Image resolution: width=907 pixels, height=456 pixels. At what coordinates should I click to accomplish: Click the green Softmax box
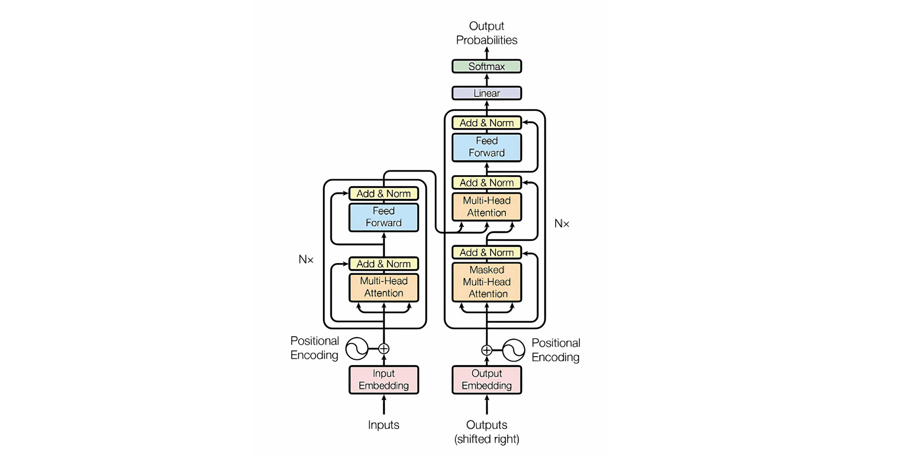[x=487, y=66]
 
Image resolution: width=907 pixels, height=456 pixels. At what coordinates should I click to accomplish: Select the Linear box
[x=487, y=93]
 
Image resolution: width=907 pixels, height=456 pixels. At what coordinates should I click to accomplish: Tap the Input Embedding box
[x=384, y=380]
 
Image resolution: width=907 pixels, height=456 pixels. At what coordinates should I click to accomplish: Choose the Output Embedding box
[x=487, y=380]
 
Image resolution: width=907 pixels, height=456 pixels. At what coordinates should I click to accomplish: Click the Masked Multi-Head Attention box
[x=487, y=282]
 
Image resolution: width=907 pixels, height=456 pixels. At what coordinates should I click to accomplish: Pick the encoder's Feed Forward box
[x=384, y=217]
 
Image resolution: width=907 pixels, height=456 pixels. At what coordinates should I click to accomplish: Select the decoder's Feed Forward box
[x=487, y=147]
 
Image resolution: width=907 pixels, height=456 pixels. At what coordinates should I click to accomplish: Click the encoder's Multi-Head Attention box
[x=384, y=287]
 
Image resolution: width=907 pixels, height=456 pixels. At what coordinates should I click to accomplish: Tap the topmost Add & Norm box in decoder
[x=487, y=123]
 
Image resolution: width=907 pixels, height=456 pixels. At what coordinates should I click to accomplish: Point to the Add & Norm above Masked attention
[x=487, y=253]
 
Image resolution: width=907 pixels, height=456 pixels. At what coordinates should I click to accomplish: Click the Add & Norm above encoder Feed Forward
[x=384, y=193]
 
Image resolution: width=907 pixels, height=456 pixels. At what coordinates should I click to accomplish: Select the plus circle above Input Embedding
[x=384, y=349]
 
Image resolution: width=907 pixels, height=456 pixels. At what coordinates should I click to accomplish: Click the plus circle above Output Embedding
[x=487, y=350]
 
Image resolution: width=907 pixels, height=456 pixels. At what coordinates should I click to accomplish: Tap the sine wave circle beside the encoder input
[x=357, y=349]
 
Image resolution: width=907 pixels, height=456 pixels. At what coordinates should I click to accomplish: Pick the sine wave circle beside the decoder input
[x=514, y=350]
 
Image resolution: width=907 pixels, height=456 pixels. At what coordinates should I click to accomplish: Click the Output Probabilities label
[x=487, y=33]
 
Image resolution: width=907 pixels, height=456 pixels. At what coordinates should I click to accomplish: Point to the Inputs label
[x=384, y=425]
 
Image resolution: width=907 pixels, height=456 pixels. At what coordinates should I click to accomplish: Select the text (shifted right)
[x=487, y=439]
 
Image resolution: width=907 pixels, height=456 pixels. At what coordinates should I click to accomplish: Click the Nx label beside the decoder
[x=562, y=224]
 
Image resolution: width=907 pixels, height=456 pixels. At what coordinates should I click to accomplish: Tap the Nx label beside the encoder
[x=306, y=260]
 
